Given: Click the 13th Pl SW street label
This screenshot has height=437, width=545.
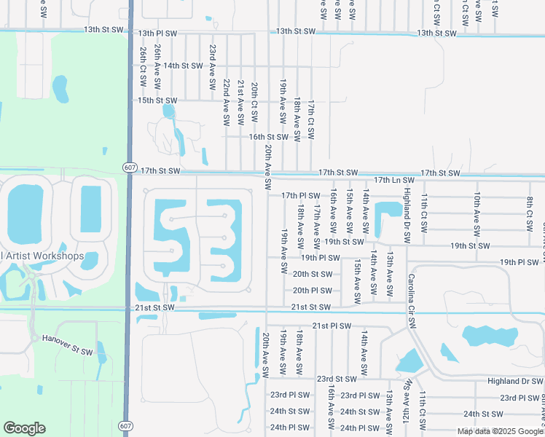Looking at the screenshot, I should pyautogui.click(x=157, y=34).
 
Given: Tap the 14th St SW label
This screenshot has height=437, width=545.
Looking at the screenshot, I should pyautogui.click(x=183, y=66).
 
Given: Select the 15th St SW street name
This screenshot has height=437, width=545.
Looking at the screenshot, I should pyautogui.click(x=157, y=101).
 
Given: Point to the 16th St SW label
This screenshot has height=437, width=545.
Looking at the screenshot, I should pyautogui.click(x=269, y=137).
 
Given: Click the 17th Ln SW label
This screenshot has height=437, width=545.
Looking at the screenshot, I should pyautogui.click(x=393, y=180).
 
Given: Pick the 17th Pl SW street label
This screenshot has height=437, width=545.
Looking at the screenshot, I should pyautogui.click(x=301, y=196).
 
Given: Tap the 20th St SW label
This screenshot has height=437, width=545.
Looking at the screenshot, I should pyautogui.click(x=312, y=274).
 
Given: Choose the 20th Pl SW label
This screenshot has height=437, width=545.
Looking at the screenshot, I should pyautogui.click(x=312, y=291).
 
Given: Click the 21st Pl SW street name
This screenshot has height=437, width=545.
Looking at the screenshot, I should pyautogui.click(x=332, y=326).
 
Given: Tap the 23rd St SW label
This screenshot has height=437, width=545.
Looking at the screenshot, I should pyautogui.click(x=337, y=379).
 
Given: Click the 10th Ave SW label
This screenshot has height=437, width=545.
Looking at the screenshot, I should pyautogui.click(x=477, y=213).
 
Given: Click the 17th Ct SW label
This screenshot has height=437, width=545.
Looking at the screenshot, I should pyautogui.click(x=311, y=120).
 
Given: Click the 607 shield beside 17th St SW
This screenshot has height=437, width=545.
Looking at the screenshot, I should pyautogui.click(x=128, y=168).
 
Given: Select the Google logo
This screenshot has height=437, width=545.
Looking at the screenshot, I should pyautogui.click(x=24, y=428).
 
